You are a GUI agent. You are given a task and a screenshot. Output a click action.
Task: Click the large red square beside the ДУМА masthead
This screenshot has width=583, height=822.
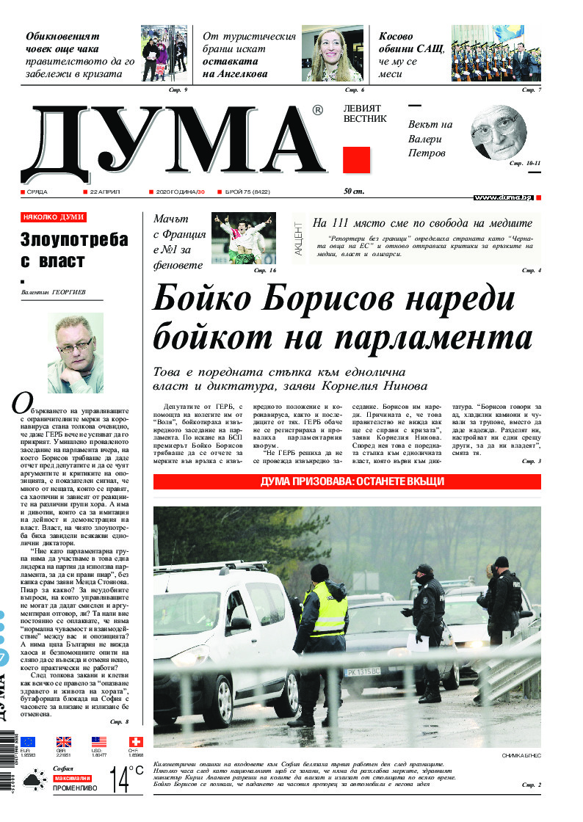click(x=356, y=160)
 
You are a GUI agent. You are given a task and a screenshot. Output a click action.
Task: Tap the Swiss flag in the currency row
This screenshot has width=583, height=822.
click(x=136, y=742)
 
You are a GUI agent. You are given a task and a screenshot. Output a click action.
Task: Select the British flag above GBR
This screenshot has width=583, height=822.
click(x=65, y=742)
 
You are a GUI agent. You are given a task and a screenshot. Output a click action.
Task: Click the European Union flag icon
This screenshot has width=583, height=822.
click(x=28, y=742)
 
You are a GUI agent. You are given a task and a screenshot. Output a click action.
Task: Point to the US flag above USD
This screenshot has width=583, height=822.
click(x=99, y=742)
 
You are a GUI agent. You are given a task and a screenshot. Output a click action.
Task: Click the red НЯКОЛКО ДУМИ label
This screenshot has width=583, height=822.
click(x=54, y=217)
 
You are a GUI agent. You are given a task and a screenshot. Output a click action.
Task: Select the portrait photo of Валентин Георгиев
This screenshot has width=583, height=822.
click(x=75, y=354)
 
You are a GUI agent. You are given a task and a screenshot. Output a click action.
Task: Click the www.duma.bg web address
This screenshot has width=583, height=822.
click(x=502, y=197)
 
